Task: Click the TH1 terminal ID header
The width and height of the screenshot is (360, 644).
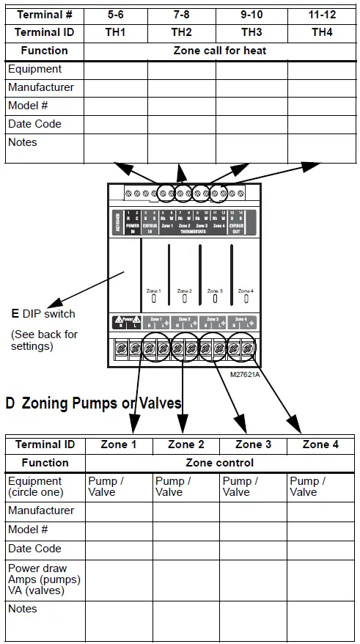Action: (x=116, y=32)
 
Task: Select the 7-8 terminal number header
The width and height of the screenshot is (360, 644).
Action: (x=182, y=14)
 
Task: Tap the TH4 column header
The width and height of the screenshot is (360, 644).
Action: (x=322, y=32)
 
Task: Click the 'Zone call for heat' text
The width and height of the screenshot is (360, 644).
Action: (x=220, y=51)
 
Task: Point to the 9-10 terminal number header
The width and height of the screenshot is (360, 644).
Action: (x=251, y=14)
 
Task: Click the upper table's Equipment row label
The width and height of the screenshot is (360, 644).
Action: (x=34, y=69)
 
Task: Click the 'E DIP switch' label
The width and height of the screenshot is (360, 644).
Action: (x=43, y=314)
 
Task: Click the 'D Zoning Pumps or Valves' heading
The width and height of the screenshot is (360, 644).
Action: (x=93, y=403)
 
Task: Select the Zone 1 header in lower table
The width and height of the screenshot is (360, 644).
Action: (x=119, y=444)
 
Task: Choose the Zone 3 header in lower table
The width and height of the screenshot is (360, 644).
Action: (x=253, y=444)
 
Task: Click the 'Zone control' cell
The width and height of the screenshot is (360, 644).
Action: (x=220, y=463)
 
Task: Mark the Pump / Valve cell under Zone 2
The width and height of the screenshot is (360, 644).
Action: (x=173, y=486)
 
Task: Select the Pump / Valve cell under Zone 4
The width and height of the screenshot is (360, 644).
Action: (x=307, y=486)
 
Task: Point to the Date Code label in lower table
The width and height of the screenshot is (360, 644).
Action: (x=34, y=549)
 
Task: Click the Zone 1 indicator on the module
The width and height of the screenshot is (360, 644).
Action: (x=154, y=298)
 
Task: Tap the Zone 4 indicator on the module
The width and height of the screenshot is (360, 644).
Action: (x=246, y=298)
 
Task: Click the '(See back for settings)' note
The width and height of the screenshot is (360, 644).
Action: (x=44, y=340)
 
